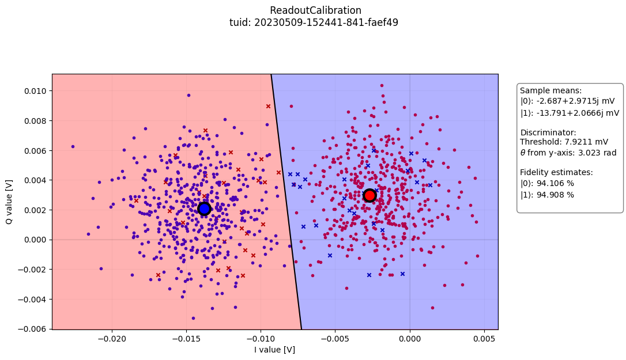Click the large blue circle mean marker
coord(204,209)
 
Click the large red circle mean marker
coord(369,195)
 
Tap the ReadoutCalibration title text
coord(315,10)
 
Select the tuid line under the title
coord(315,22)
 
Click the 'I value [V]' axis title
coord(275,350)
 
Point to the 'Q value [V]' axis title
coord(10,201)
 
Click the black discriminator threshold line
coord(286,202)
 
